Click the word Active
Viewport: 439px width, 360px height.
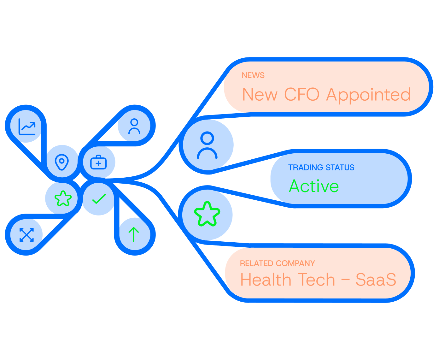click(x=314, y=186)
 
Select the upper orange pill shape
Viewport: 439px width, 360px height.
click(x=326, y=87)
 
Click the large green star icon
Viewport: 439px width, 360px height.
click(x=207, y=214)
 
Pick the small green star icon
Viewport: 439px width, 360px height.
click(x=63, y=198)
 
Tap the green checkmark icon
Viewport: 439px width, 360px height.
click(x=99, y=199)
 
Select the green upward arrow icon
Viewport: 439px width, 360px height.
click(x=134, y=234)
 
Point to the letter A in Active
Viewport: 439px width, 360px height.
click(x=294, y=186)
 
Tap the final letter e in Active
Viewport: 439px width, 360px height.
click(x=334, y=187)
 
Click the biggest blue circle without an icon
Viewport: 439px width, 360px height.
click(x=206, y=145)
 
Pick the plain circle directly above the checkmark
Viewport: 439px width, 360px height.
click(x=97, y=162)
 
